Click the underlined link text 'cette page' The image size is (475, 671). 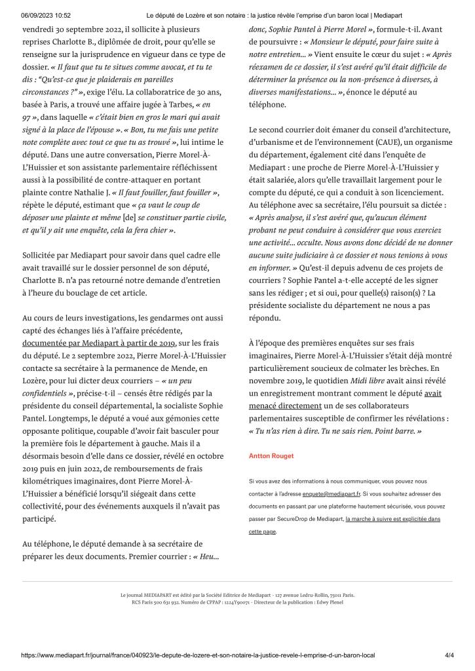tap(263, 531)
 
